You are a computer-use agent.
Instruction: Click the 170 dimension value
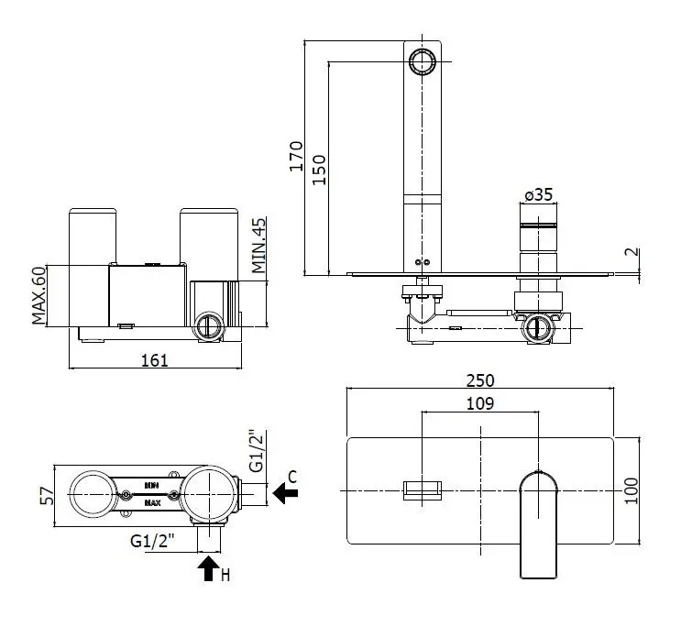point(295,157)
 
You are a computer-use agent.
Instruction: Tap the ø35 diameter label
point(538,194)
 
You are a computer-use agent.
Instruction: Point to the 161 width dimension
point(156,359)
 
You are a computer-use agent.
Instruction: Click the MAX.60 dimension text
point(38,295)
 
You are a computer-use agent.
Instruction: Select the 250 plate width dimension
point(481,379)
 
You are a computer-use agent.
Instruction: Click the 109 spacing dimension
point(480,402)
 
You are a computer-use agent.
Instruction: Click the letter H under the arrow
point(225,576)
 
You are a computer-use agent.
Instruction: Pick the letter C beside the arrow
point(291,476)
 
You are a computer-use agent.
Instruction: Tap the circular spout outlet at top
point(423,62)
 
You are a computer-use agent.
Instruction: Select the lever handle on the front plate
point(538,522)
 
